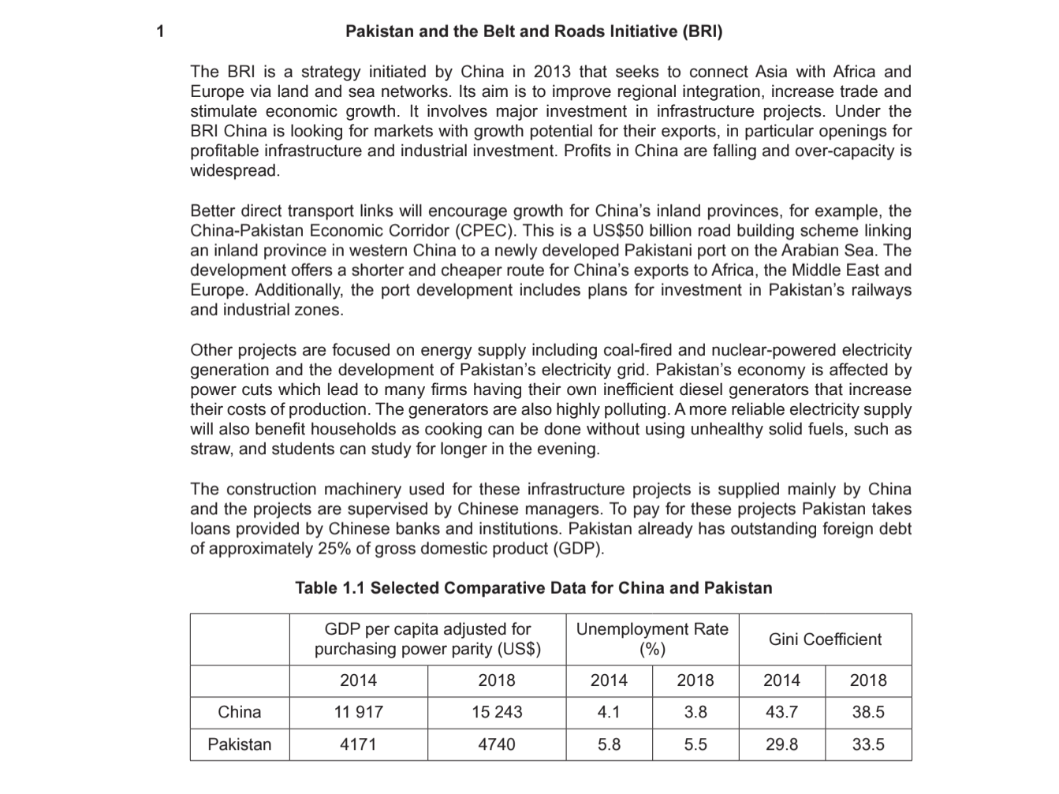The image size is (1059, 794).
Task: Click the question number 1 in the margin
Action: click(161, 32)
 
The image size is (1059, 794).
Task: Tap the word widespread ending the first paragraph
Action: click(233, 171)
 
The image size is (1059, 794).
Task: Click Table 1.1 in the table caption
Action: click(330, 588)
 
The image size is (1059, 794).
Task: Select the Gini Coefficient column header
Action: click(825, 639)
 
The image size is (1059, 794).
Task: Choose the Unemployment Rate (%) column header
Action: click(652, 639)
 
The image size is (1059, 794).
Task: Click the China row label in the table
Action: click(240, 713)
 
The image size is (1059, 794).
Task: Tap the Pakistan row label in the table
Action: click(240, 745)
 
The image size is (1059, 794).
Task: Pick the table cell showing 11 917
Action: click(358, 713)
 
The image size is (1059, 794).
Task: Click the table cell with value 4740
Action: click(497, 745)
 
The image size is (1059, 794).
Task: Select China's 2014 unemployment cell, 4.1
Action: click(609, 713)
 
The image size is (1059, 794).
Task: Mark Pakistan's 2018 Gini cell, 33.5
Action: click(868, 745)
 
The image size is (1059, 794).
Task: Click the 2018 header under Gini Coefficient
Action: click(868, 680)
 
